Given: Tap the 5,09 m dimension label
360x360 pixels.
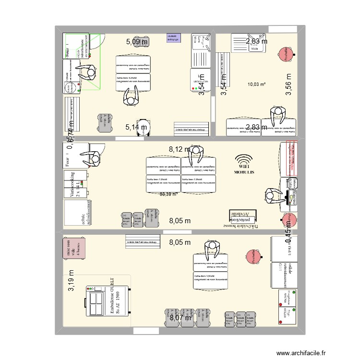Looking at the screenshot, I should [137, 42].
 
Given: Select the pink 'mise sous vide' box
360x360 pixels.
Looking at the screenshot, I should [74, 248].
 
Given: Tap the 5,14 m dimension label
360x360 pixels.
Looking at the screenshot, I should [137, 127].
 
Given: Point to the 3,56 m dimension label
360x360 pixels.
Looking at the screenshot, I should [288, 85].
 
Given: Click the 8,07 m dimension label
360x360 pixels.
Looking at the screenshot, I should [180, 317].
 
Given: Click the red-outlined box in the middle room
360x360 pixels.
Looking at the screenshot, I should [289, 159].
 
